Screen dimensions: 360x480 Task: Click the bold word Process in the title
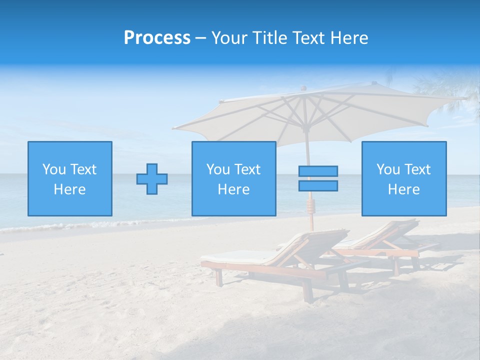[157, 38]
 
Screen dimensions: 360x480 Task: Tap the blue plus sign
[152, 178]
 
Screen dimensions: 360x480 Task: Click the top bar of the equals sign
[318, 171]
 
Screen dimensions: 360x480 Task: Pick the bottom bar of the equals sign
[318, 185]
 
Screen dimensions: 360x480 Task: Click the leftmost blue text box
[69, 178]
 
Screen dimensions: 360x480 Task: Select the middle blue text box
[233, 178]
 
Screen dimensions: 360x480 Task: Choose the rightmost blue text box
[403, 178]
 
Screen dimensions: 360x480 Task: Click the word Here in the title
[348, 38]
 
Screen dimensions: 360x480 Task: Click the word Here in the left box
[69, 189]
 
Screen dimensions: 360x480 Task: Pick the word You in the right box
[387, 169]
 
